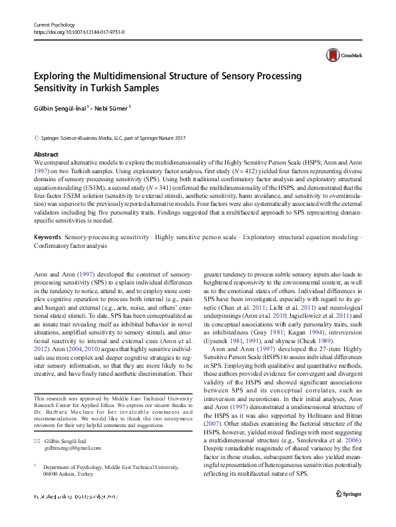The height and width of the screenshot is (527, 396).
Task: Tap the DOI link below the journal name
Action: click(78, 32)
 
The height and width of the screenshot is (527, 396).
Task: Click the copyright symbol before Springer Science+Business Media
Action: click(36, 139)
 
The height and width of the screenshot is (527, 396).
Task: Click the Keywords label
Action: click(47, 238)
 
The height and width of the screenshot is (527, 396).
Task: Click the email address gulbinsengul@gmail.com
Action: click(69, 450)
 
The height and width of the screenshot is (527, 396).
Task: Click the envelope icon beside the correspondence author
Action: click(37, 441)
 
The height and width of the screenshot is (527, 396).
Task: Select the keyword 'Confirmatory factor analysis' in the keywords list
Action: click(70, 246)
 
